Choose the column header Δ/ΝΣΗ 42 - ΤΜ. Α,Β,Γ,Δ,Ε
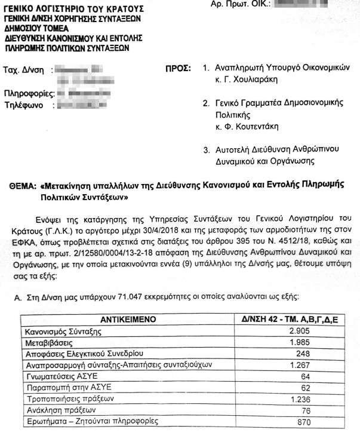coord(291,319)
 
